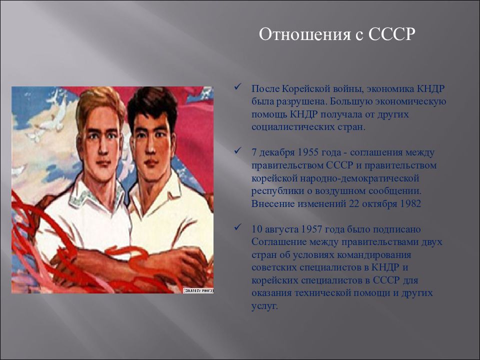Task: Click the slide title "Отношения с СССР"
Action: [336, 34]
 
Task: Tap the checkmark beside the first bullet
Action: [237, 86]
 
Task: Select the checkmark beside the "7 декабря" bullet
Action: [237, 150]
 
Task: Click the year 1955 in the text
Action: [308, 152]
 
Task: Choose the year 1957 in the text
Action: [311, 229]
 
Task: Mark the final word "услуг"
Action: [263, 306]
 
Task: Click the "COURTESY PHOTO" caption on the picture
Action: [198, 291]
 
